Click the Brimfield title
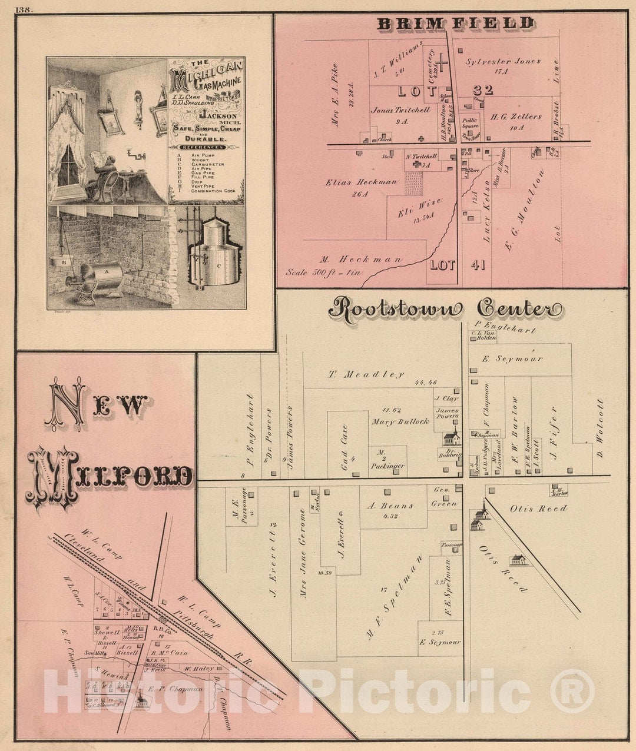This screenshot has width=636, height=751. [x=455, y=24]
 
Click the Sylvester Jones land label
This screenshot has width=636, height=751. [x=503, y=61]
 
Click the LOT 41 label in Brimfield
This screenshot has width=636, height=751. [x=457, y=265]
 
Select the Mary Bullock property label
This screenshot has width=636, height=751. [x=400, y=422]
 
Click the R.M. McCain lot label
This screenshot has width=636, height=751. [x=165, y=652]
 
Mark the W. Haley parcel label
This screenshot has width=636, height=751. [x=197, y=669]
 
